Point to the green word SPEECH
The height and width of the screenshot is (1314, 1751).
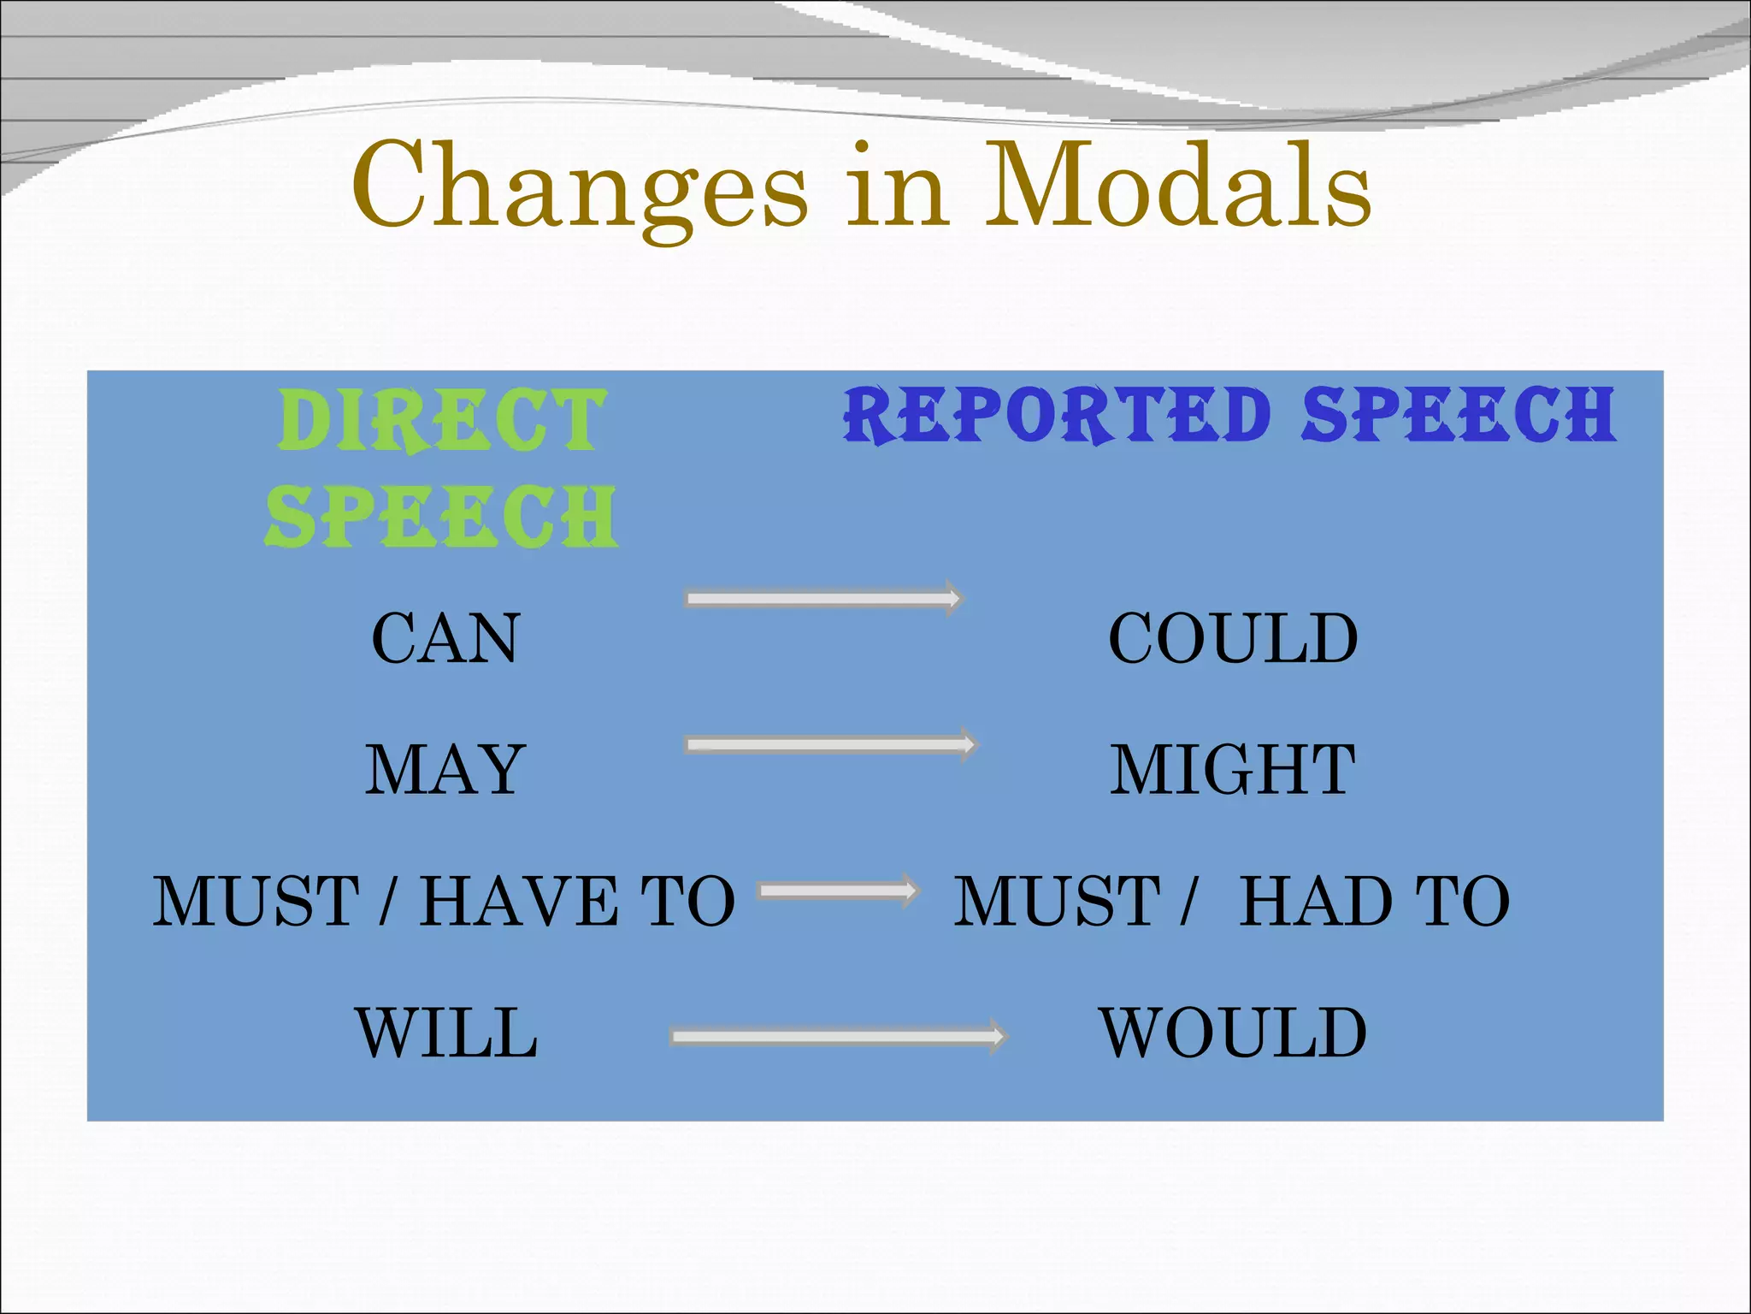click(x=442, y=516)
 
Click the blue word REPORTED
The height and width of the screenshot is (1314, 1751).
click(x=1057, y=415)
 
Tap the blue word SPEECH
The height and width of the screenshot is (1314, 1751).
click(x=1459, y=415)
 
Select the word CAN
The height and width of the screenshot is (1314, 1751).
click(x=445, y=638)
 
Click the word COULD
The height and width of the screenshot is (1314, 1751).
click(x=1232, y=638)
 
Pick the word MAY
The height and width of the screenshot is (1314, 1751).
click(x=445, y=770)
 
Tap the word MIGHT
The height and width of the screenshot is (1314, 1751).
click(x=1232, y=770)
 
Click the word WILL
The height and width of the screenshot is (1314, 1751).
click(x=446, y=1033)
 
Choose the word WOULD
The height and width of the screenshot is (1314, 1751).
click(x=1232, y=1033)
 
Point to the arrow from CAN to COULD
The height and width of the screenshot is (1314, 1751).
click(x=823, y=598)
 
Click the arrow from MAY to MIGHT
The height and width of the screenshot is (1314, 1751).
click(x=830, y=744)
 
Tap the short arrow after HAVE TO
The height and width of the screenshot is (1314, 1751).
click(x=838, y=891)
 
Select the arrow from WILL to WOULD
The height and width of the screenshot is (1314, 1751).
click(x=838, y=1037)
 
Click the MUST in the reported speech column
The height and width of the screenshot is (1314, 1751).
click(x=1057, y=902)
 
